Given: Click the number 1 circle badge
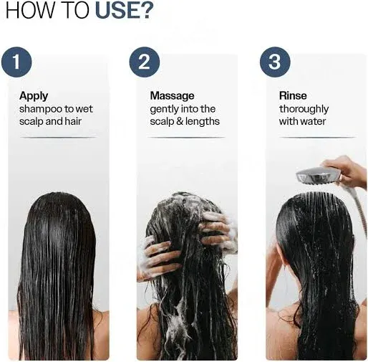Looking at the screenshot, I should coord(17,62).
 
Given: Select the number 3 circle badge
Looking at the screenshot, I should coord(274,62).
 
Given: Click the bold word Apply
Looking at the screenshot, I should coord(34,95).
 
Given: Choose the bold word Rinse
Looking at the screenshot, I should coord(293,95).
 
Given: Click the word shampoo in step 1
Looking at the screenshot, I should coord(42,109).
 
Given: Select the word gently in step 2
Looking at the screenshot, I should coord(165,109).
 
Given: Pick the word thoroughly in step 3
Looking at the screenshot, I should coord(304,109).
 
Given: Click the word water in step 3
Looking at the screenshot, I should coord(314,121).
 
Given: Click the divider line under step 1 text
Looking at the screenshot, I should coord(57,137).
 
